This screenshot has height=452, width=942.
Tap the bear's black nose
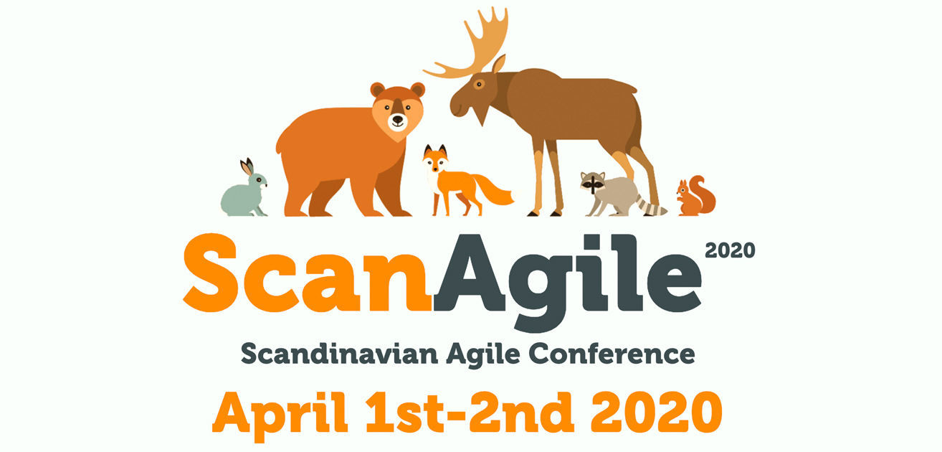(x=397, y=119)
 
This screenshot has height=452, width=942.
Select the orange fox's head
(x=435, y=159)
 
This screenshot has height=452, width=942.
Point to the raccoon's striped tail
(x=650, y=205)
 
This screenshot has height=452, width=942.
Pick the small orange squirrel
(x=696, y=197)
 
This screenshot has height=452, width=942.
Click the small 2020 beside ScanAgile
(x=730, y=250)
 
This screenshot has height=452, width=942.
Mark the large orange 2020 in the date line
(x=657, y=413)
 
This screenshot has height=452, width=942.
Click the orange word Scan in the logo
(x=307, y=273)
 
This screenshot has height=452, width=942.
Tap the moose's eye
(x=479, y=84)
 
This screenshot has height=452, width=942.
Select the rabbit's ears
(x=247, y=167)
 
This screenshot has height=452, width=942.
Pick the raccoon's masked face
(x=593, y=183)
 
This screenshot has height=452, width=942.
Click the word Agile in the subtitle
(x=483, y=354)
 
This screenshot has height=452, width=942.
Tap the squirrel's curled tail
(x=703, y=194)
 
